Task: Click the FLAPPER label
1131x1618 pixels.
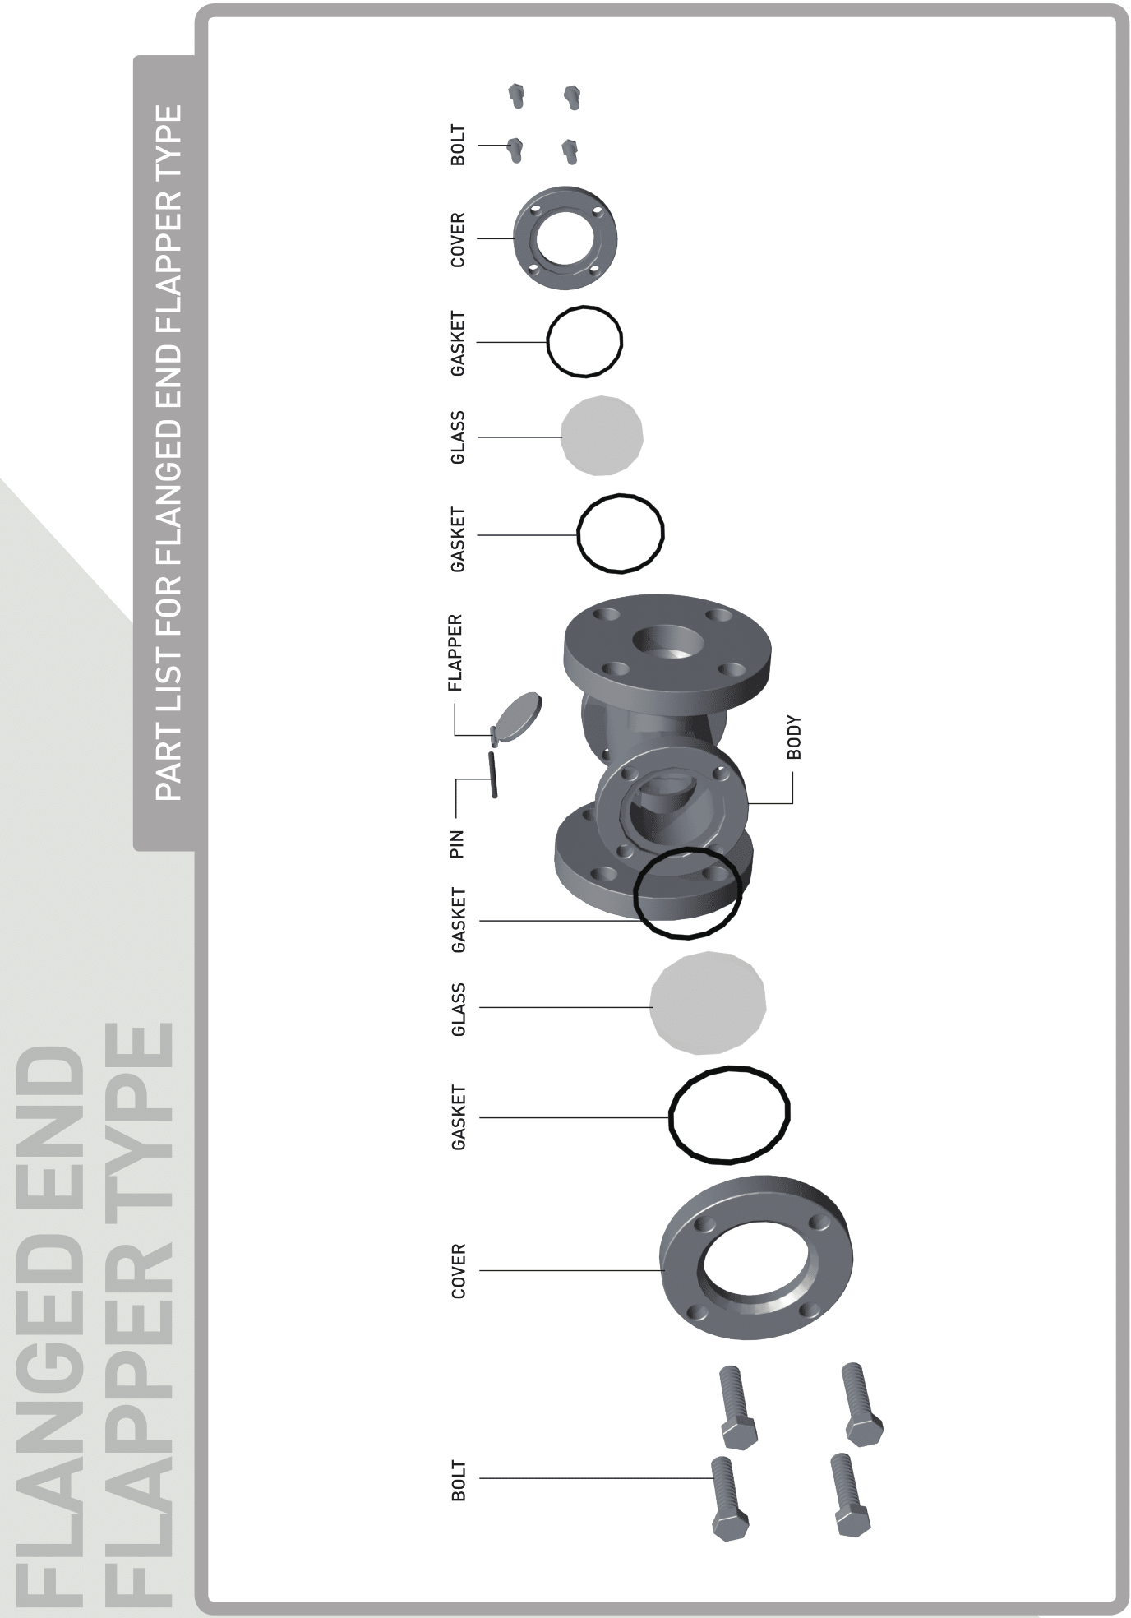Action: [457, 652]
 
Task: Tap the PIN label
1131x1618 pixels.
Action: [457, 844]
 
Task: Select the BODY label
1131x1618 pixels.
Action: [793, 737]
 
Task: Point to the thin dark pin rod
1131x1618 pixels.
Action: [493, 774]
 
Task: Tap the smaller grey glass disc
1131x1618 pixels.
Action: [602, 436]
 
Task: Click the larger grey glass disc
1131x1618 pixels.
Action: [708, 1003]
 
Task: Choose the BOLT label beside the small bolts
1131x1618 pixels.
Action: [458, 145]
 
